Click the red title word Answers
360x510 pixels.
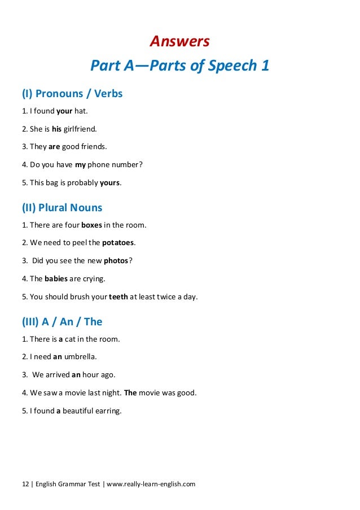(x=179, y=41)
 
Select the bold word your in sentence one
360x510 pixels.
(x=65, y=111)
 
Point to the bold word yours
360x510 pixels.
(x=110, y=183)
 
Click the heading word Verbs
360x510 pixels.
(x=108, y=93)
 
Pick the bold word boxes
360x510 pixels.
(x=91, y=225)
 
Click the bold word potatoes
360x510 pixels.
(x=118, y=243)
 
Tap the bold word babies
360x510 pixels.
(x=56, y=279)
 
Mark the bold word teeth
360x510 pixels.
(x=118, y=297)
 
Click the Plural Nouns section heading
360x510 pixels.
(x=62, y=207)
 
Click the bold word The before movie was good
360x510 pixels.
(x=130, y=393)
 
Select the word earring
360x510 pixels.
(x=108, y=411)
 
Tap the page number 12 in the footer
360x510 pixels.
(x=25, y=484)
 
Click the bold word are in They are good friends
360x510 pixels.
(x=54, y=147)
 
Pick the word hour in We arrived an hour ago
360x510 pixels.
(x=91, y=374)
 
